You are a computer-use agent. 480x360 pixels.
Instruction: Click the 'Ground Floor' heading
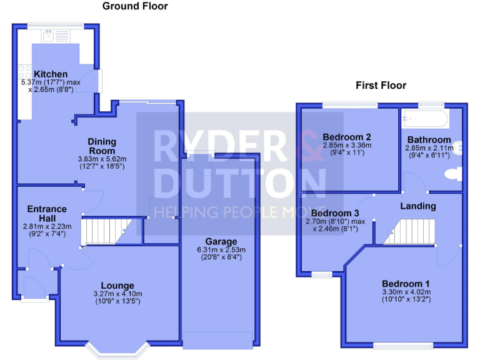point(135,7)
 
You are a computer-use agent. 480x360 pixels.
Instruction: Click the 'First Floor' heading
point(381,86)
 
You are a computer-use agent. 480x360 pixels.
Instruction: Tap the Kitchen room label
point(51,74)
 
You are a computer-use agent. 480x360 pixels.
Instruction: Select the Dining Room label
point(101,146)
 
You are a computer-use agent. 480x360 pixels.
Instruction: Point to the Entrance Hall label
point(47,213)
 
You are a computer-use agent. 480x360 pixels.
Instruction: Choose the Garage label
point(222,241)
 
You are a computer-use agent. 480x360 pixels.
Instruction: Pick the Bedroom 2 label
point(347,137)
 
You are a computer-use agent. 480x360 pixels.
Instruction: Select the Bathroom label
point(429,139)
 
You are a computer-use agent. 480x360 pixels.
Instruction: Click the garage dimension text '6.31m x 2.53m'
point(222,250)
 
